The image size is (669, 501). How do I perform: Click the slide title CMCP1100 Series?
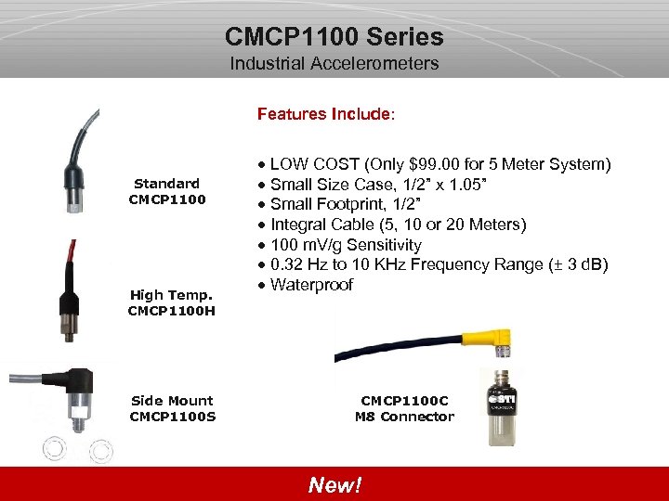(x=334, y=37)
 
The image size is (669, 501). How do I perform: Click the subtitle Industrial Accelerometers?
(x=334, y=64)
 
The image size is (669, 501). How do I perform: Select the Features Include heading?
(x=326, y=114)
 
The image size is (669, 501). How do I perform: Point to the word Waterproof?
(x=311, y=285)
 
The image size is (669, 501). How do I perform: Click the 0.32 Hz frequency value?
(x=298, y=264)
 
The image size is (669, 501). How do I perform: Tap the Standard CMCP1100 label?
(x=166, y=191)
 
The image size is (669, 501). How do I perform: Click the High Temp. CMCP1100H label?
(x=171, y=302)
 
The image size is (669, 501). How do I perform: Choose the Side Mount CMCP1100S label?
(x=172, y=408)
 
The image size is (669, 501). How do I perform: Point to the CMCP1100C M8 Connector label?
(x=404, y=408)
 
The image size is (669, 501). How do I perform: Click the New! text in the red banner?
(x=334, y=485)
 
